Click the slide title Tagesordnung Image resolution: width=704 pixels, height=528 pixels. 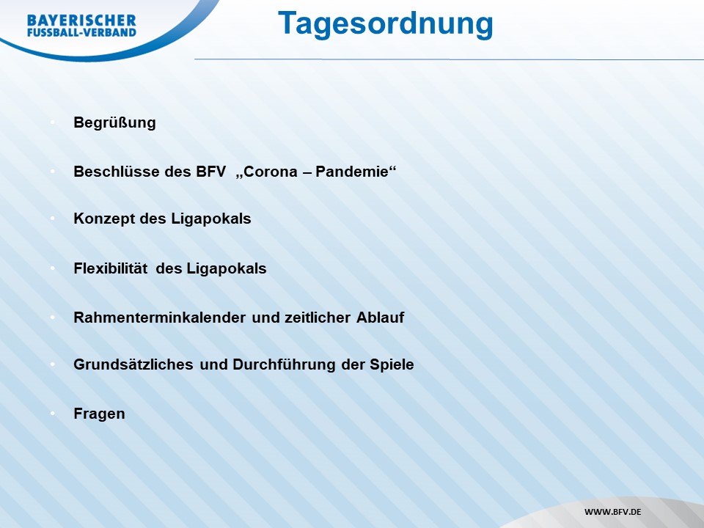click(385, 24)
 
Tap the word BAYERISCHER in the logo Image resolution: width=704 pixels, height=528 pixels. click(81, 21)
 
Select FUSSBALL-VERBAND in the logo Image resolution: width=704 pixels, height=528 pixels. click(81, 32)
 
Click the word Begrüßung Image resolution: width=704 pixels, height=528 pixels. click(114, 123)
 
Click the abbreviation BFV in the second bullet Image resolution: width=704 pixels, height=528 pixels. click(210, 172)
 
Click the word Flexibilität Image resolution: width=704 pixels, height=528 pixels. click(111, 268)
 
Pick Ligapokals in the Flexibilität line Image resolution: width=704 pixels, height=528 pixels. click(227, 268)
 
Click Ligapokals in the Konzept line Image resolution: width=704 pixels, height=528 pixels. click(211, 219)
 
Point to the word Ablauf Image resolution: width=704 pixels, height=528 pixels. click(381, 318)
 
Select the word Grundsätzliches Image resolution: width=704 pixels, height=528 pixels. click(133, 364)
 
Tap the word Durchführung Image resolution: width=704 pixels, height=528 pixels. click(284, 364)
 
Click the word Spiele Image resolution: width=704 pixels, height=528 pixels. click(392, 364)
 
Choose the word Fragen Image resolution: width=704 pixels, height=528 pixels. click(99, 414)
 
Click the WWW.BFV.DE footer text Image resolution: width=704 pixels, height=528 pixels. click(612, 512)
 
